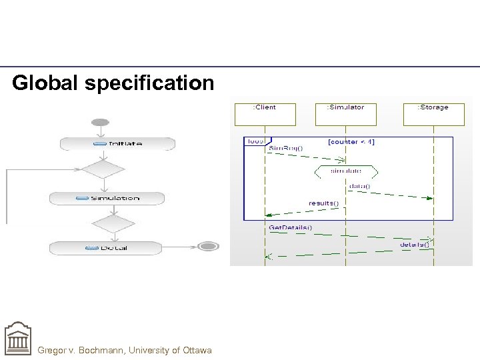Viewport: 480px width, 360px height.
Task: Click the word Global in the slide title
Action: tap(43, 83)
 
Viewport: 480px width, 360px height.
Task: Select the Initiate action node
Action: tap(117, 143)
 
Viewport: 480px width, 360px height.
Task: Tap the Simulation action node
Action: tap(107, 198)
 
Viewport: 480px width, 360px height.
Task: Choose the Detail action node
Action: tap(105, 247)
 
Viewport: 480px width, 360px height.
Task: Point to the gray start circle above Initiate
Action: tap(100, 123)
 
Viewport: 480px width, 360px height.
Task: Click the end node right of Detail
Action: tap(209, 247)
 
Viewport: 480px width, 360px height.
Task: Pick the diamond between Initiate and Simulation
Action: tap(103, 169)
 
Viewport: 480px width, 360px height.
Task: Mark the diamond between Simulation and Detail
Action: tap(113, 223)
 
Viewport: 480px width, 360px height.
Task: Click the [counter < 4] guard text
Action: tap(351, 141)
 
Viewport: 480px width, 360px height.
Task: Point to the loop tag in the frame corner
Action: tap(255, 141)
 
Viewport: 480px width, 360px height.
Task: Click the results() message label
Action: tap(323, 203)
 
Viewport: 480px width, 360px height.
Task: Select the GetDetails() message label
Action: tap(290, 228)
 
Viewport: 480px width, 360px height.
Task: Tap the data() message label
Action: tap(359, 186)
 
